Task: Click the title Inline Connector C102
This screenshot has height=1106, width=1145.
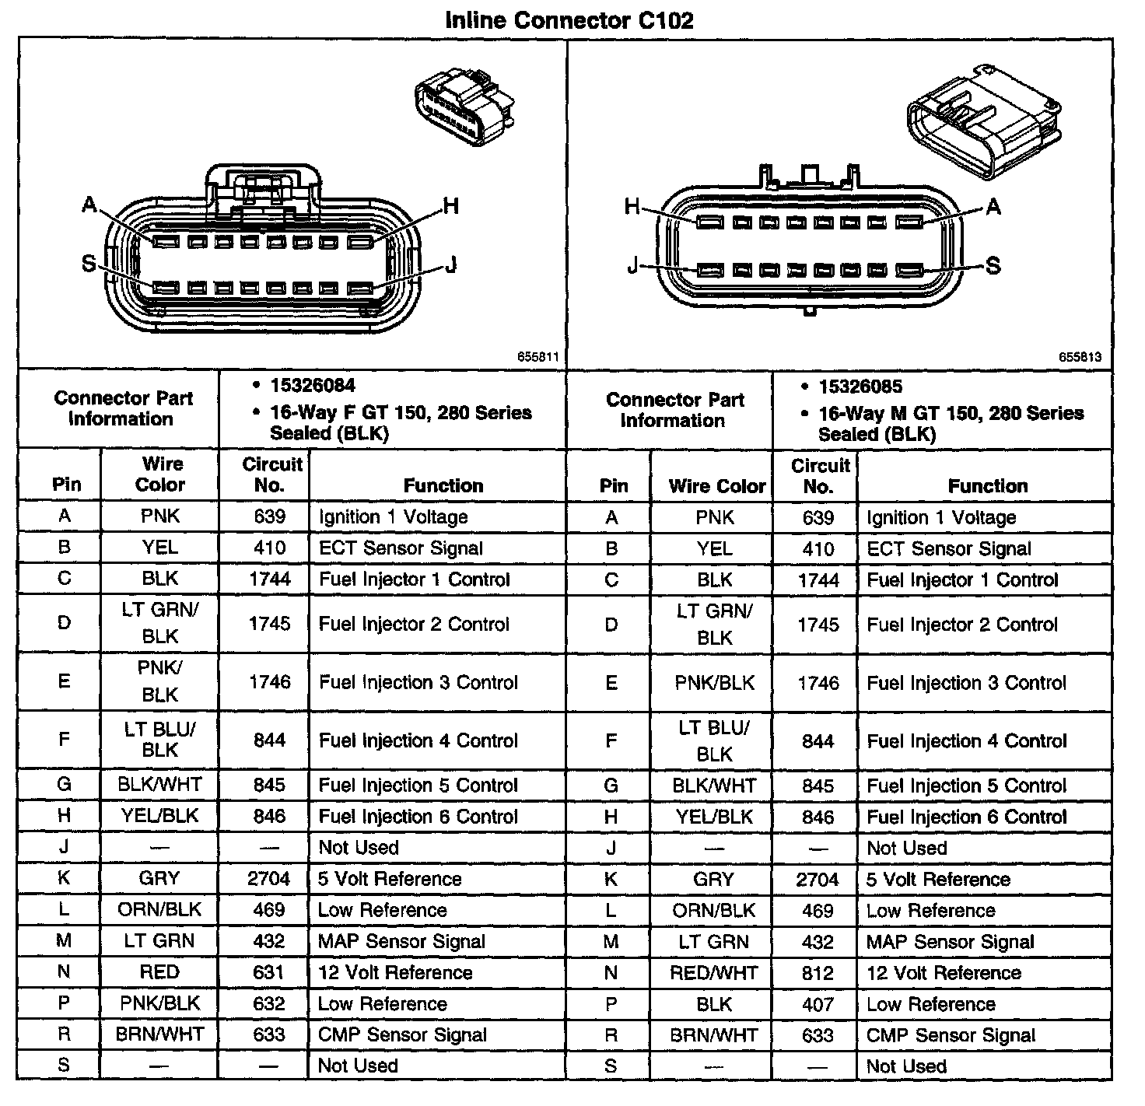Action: [x=569, y=19]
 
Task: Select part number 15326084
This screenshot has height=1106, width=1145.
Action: [x=313, y=386]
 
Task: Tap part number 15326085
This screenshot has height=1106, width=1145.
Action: [x=860, y=387]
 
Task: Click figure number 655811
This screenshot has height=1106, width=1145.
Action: [x=537, y=357]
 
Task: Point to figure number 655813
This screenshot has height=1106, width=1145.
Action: [x=1080, y=357]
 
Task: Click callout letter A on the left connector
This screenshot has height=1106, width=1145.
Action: [x=90, y=205]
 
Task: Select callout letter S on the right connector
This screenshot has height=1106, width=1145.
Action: [x=993, y=266]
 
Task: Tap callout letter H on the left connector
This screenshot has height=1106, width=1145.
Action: [x=451, y=206]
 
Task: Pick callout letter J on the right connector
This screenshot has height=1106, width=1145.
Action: [x=632, y=268]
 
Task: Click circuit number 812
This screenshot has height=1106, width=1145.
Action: [x=818, y=973]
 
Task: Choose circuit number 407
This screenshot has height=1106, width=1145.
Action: [x=818, y=1004]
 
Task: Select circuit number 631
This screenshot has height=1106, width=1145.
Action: [x=269, y=972]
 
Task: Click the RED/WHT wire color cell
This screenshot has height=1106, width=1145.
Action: [x=714, y=973]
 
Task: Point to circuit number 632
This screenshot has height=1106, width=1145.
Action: [x=269, y=1003]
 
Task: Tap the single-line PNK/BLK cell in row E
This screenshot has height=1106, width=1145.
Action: [x=714, y=683]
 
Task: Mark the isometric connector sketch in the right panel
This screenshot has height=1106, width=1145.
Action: [x=983, y=128]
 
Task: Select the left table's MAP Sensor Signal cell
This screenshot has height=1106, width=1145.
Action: [x=401, y=941]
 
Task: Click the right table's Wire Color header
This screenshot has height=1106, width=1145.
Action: [x=716, y=487]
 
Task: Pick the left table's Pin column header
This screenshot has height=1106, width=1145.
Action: [x=67, y=485]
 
